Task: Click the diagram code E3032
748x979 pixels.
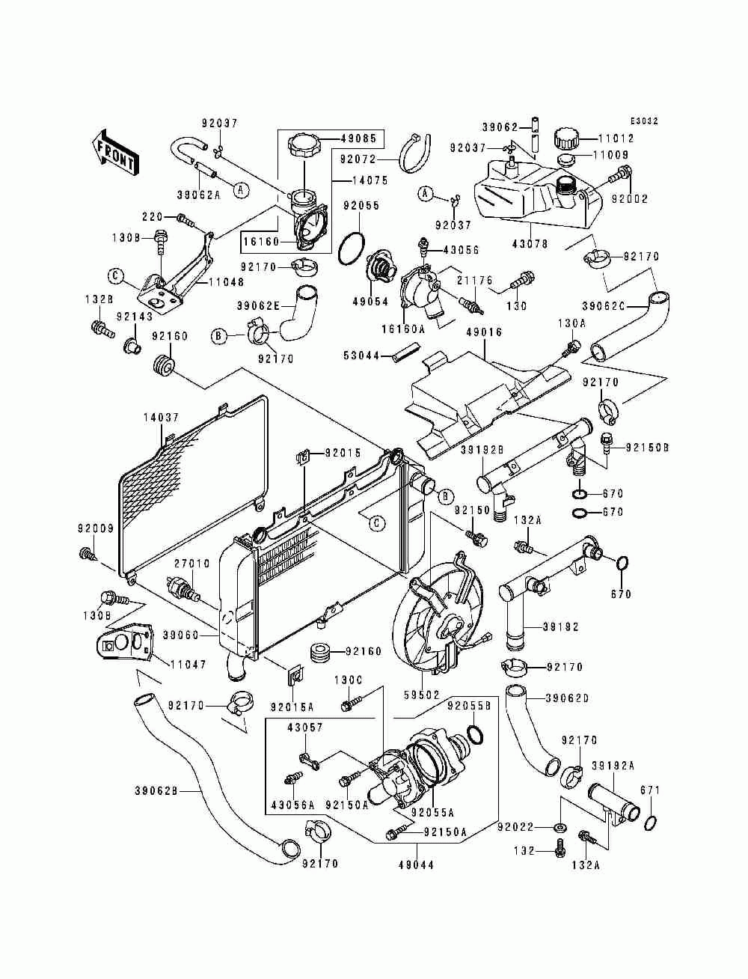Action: tap(644, 121)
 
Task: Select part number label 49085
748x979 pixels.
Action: tap(358, 138)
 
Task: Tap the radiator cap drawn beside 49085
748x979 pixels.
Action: tap(304, 144)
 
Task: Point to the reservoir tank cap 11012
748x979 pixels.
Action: tap(566, 138)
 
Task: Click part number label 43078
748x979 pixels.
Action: tap(530, 244)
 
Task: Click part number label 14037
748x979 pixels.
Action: tap(161, 418)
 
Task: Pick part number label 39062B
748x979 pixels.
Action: tap(156, 791)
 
